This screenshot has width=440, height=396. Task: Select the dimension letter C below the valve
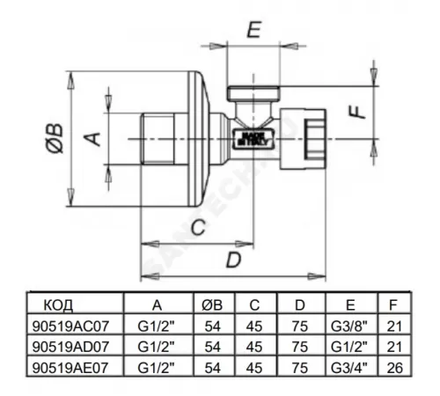[x=200, y=228]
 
